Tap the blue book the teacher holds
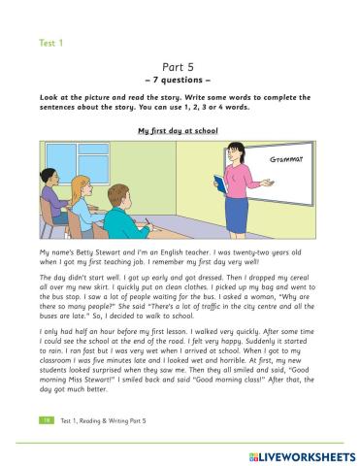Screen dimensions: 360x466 click(x=220, y=184)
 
